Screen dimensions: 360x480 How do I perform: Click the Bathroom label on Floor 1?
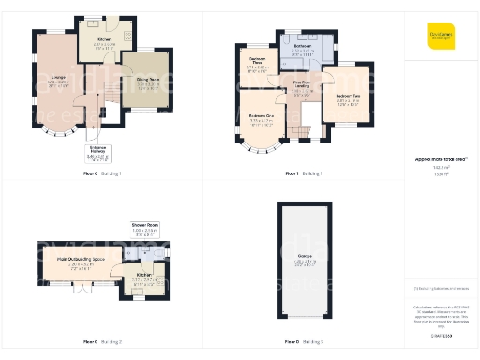[x=302, y=49]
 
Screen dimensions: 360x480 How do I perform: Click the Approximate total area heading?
[x=441, y=160]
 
